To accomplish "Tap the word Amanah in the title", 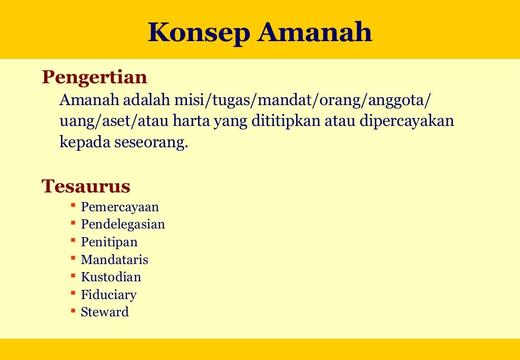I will (x=315, y=32).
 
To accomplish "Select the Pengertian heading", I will (x=94, y=77).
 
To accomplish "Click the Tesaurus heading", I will (x=86, y=186).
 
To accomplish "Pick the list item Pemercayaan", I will (x=120, y=207).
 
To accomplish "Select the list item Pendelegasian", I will (x=123, y=224).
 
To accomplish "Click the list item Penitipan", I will (x=109, y=242).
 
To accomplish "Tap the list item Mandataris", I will (x=114, y=260).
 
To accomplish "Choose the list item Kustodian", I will (x=111, y=277).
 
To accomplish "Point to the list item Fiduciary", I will (x=109, y=294).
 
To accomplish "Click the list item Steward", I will (x=105, y=312).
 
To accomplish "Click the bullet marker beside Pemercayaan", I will (x=73, y=205).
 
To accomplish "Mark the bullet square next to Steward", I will (x=73, y=310).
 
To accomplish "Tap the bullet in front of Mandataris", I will (x=73, y=258).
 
